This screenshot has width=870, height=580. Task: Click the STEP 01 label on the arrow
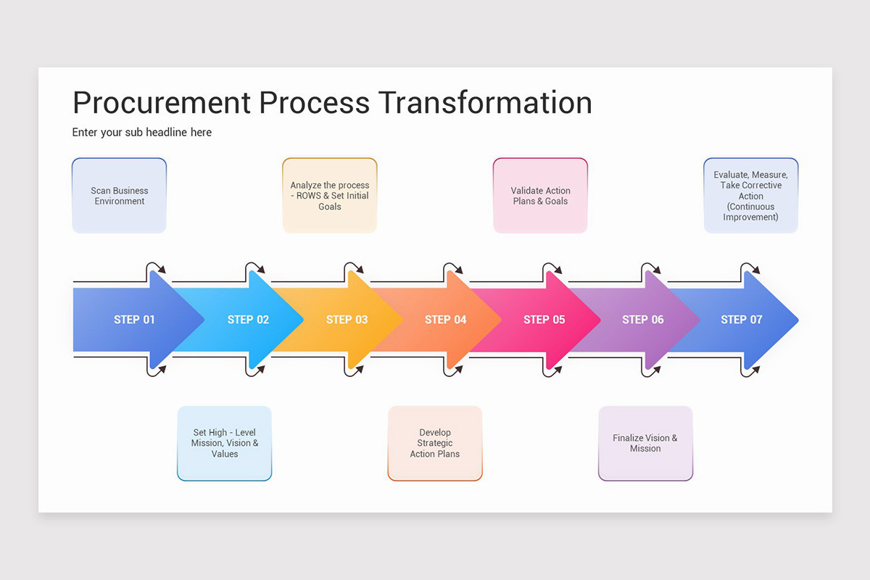134,320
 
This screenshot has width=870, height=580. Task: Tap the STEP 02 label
248,320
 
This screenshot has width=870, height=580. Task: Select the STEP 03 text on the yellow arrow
347,320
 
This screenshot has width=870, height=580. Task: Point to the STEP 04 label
445,320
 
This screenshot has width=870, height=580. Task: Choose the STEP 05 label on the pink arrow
544,320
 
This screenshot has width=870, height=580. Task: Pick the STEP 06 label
642,320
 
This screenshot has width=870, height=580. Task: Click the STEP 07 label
741,320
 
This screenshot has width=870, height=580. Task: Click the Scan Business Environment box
120,196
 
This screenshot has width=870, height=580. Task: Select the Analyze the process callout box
330,196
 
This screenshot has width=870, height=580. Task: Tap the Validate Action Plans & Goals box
540,196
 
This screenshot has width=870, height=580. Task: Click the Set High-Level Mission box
225,443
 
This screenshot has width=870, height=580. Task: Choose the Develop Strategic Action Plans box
435,443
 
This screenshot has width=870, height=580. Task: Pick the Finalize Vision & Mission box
645,443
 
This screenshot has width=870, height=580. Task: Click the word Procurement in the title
162,103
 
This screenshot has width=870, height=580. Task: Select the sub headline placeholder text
142,133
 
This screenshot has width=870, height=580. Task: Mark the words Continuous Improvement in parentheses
750,212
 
